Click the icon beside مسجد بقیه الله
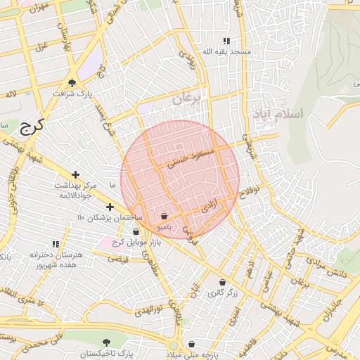226,41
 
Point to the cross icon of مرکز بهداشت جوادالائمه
76,174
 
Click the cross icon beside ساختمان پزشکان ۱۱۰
110,207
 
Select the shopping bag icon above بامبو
164,217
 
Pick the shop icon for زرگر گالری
222,283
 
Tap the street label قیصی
117,258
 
